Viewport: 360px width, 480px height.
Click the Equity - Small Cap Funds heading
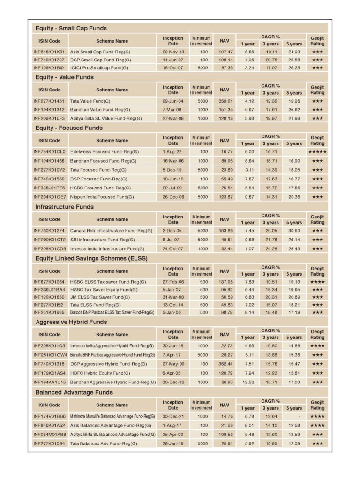[71, 28]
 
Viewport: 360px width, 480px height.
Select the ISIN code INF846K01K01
[49, 52]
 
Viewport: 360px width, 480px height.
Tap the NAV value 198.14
[225, 60]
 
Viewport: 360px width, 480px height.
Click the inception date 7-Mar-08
[173, 109]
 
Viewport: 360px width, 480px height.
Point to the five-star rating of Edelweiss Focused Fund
[317, 152]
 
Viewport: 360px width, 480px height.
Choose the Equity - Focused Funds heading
[69, 127]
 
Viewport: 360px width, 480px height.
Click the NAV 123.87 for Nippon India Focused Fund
[225, 197]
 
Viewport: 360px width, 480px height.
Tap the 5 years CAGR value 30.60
[294, 231]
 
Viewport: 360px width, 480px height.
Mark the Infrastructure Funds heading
[65, 207]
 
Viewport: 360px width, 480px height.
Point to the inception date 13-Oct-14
[173, 305]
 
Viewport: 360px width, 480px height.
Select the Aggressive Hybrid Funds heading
[71, 322]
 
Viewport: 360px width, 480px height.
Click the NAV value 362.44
[225, 364]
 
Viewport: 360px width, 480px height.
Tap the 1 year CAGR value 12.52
[248, 382]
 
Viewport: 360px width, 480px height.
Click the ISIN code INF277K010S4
[49, 443]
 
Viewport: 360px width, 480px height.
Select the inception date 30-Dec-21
[173, 416]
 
